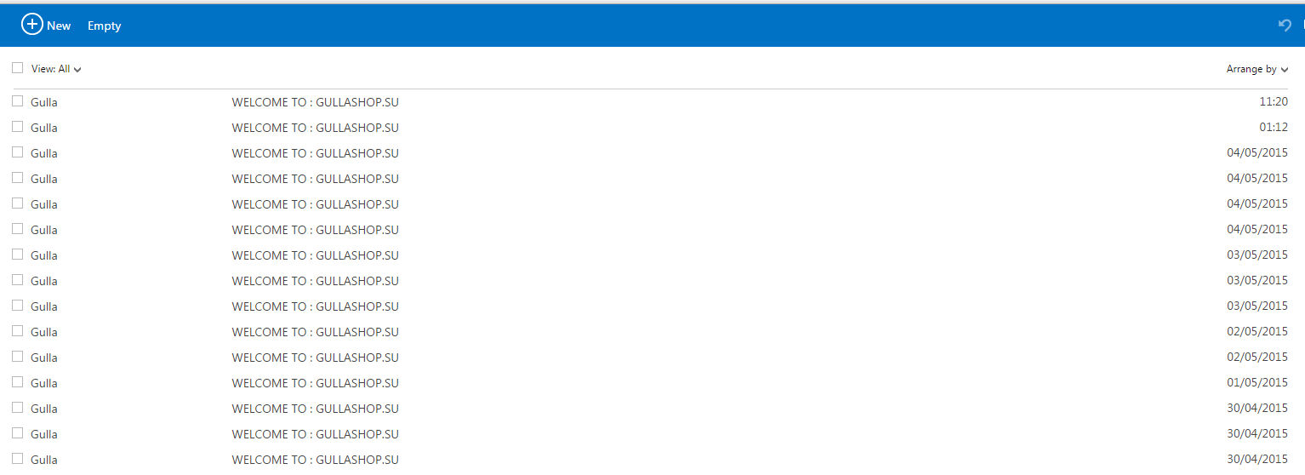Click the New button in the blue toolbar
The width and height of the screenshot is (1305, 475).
coord(46,25)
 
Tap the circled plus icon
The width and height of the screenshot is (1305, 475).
coord(32,25)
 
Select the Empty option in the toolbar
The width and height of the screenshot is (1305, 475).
coord(105,26)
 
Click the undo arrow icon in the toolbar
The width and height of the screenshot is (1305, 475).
coord(1285,25)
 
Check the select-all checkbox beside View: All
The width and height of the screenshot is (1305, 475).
coord(18,68)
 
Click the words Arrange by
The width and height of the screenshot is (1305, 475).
coord(1251,69)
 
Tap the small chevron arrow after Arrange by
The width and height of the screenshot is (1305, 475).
coord(1285,70)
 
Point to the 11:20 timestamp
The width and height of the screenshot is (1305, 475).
coord(1274,101)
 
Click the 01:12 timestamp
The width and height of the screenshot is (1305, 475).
coord(1274,127)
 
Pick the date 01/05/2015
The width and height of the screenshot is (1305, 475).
coord(1257,382)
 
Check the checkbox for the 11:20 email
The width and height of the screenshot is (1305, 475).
coord(18,101)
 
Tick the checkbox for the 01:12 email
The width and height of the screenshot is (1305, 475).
coord(18,127)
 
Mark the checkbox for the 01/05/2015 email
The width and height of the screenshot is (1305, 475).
coord(18,382)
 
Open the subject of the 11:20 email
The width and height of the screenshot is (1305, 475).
coord(315,102)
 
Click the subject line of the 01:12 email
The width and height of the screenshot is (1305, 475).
coord(315,128)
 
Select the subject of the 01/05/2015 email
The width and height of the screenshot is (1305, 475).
coord(315,383)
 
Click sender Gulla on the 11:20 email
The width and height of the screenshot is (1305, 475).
coord(43,102)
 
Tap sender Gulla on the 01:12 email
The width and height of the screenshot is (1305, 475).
coord(43,128)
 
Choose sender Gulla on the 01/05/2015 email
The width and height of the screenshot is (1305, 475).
coord(43,383)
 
